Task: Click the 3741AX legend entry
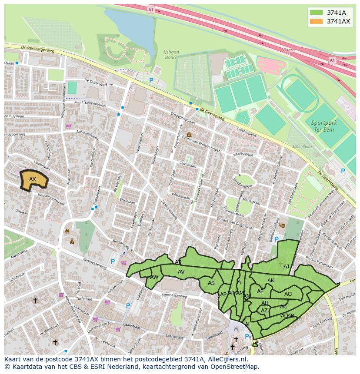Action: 338,21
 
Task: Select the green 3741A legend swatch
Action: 316,13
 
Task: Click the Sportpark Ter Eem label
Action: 324,126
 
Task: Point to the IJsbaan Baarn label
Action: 171,54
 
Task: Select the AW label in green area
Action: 154,277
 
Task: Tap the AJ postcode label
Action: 286,267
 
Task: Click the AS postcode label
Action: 211,283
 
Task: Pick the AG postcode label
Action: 288,294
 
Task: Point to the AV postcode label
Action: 181,272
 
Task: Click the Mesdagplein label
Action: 242,182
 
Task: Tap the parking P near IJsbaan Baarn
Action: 151,80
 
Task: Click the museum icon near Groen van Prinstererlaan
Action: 189,135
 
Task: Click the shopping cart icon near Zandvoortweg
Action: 69,126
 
